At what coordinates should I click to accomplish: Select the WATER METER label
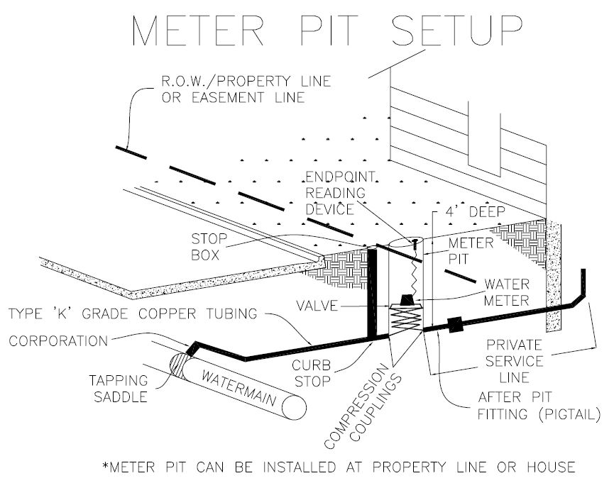505,292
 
